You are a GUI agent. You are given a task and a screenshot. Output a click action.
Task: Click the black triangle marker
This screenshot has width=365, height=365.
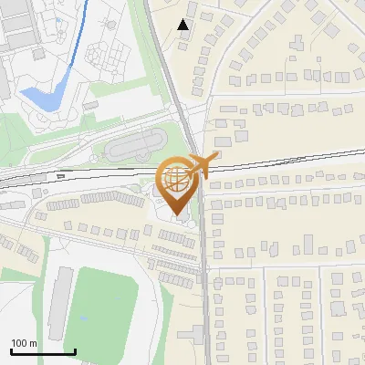click(x=184, y=25)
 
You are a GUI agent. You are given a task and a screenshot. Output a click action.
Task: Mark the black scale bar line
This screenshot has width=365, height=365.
click(x=43, y=352)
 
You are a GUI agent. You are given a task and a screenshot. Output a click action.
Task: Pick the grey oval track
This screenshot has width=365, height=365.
click(x=134, y=145)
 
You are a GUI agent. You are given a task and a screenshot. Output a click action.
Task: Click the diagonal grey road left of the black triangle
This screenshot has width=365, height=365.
click(x=163, y=55)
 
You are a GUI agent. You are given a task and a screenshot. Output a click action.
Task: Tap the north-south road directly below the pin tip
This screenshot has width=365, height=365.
click(x=206, y=274)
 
